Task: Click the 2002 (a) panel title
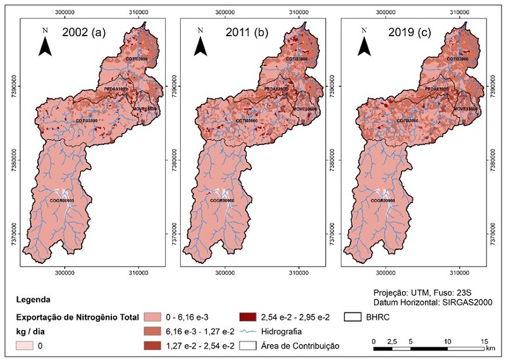click(80, 32)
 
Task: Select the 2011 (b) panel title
click(241, 32)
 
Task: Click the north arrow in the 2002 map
click(44, 43)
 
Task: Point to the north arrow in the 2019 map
click(365, 43)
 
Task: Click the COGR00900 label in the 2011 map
click(222, 201)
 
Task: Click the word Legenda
click(35, 299)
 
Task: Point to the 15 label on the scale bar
click(484, 341)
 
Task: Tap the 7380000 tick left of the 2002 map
click(13, 160)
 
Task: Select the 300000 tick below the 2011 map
click(225, 273)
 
